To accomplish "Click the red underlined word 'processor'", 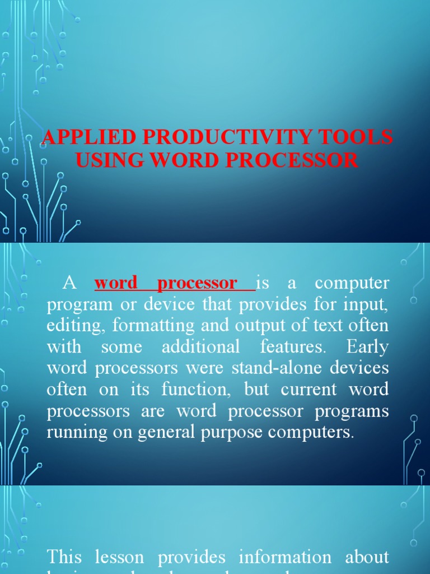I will pos(197,284).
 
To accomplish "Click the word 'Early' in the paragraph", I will pos(367,347).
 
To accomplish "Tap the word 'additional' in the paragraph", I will pos(200,347).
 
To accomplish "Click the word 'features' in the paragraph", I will pos(292,347).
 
